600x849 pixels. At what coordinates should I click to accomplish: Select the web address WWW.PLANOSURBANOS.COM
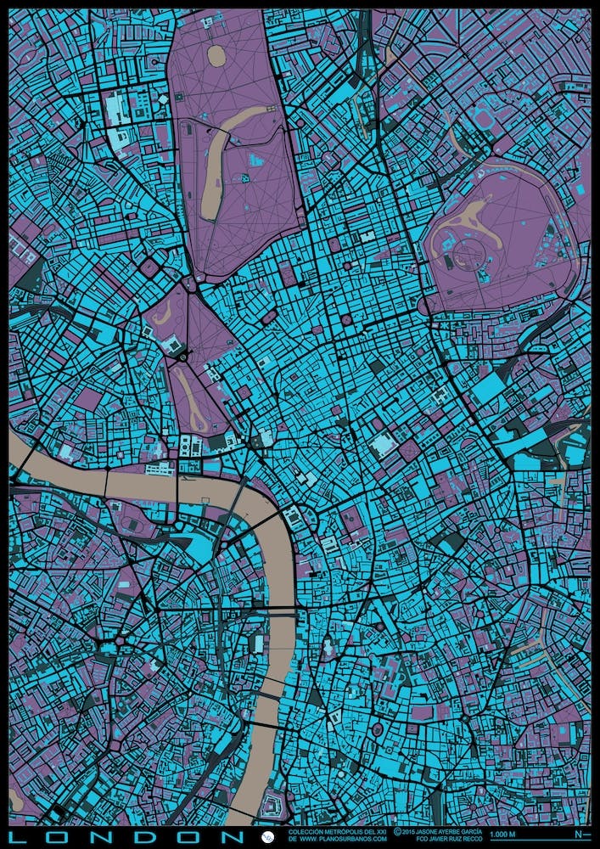(336, 841)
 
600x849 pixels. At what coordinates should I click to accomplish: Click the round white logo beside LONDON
(269, 836)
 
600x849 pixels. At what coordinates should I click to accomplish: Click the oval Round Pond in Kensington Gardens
(216, 57)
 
